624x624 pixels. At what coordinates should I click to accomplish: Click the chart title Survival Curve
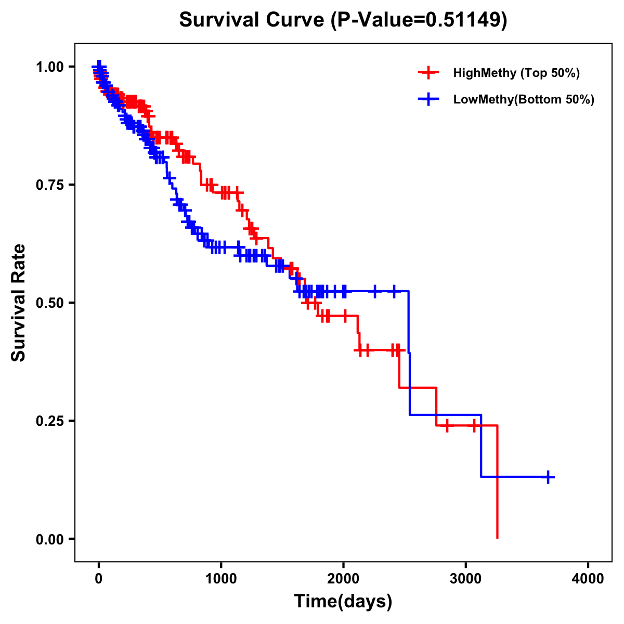254,20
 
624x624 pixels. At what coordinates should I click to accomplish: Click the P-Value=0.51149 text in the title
419,20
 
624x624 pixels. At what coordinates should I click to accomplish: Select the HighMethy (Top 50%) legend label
516,73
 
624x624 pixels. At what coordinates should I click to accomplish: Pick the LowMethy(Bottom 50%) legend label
524,99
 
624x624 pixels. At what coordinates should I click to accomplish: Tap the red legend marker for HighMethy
428,73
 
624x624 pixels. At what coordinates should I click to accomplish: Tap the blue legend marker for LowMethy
428,99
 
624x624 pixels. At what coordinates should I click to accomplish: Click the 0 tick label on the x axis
99,578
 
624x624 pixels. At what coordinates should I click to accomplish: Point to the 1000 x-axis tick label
221,578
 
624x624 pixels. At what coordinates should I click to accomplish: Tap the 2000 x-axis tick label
343,578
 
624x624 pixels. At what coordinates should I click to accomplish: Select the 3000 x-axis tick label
466,578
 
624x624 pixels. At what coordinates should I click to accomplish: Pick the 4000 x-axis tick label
588,578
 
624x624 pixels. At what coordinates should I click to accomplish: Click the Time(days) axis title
343,602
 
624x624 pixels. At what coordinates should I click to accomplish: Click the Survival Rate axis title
19,303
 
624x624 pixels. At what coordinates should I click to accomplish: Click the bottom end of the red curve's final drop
498,537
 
